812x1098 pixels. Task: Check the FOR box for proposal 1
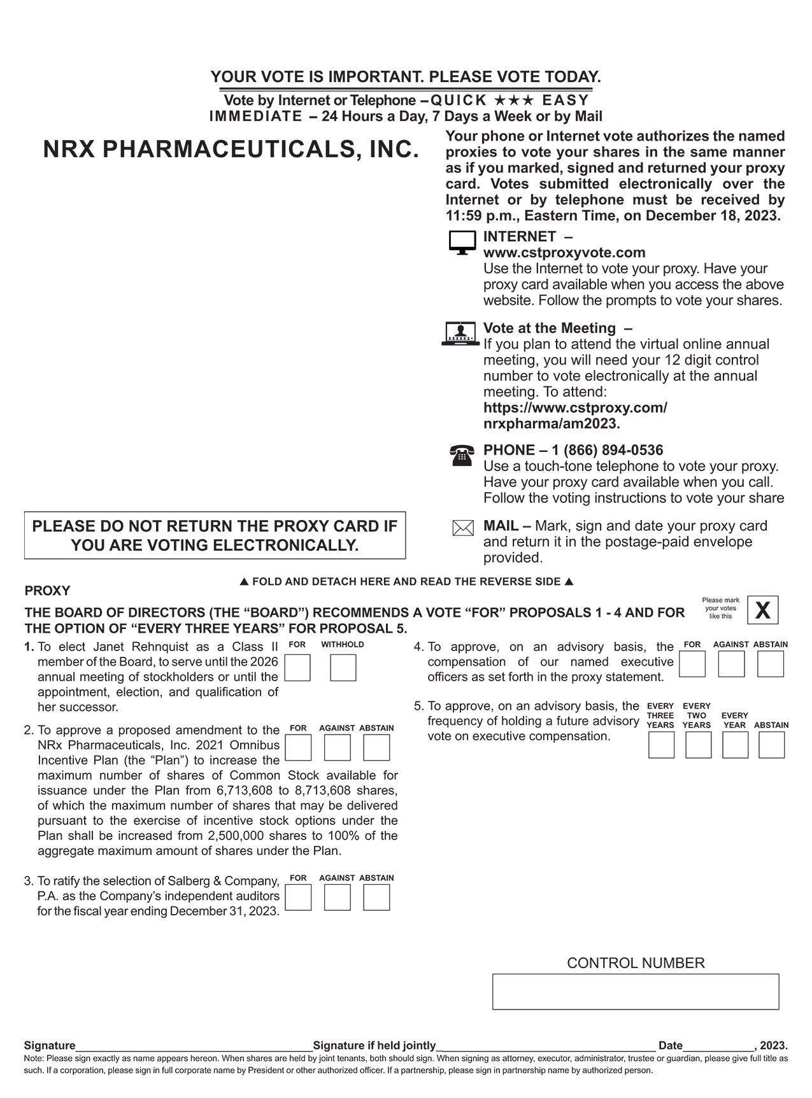point(297,668)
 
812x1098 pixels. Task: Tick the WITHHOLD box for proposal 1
point(343,668)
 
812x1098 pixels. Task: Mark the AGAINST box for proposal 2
point(337,748)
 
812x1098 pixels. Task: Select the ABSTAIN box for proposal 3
point(376,897)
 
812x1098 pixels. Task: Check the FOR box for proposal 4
point(692,664)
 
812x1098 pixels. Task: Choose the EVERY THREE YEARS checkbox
point(661,745)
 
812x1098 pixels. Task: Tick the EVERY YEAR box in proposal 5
point(735,745)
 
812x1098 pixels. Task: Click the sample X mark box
point(762,610)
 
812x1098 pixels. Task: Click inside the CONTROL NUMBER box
point(635,991)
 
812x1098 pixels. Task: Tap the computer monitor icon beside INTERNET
point(462,243)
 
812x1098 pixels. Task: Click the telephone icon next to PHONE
point(462,456)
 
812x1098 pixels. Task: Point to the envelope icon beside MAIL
point(462,528)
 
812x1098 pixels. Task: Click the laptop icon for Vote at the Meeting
point(460,334)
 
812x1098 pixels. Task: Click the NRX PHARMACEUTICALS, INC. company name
point(231,150)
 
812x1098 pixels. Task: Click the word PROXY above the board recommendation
point(47,591)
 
